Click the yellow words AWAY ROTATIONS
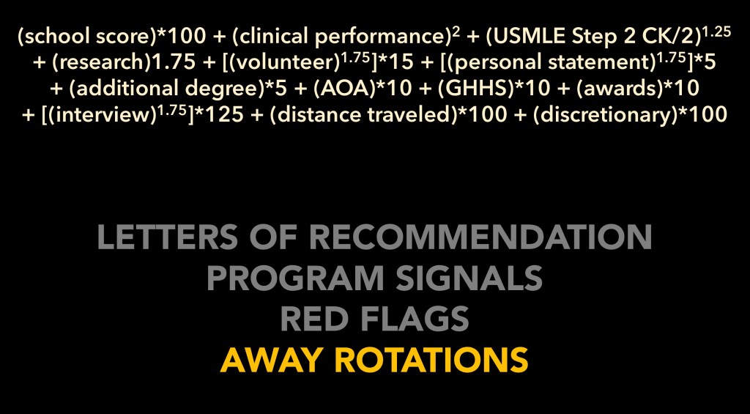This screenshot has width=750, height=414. [374, 360]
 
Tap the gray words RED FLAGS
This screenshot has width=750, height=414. [374, 319]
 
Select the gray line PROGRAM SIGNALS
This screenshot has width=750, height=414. [374, 278]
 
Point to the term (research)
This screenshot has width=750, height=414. [101, 63]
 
